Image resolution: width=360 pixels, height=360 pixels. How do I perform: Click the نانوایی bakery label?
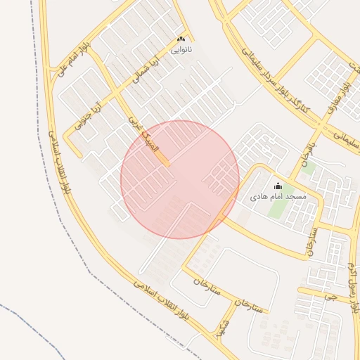pyautogui.click(x=181, y=50)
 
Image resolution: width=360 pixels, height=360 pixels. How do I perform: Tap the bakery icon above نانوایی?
pyautogui.click(x=181, y=39)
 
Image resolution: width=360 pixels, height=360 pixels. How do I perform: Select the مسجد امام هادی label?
pyautogui.click(x=278, y=197)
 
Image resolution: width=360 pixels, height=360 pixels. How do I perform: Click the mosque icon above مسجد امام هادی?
pyautogui.click(x=278, y=186)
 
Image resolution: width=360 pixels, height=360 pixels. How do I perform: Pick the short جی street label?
pyautogui.click(x=326, y=296)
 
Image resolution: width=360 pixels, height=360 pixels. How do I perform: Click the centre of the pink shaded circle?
pyautogui.click(x=180, y=179)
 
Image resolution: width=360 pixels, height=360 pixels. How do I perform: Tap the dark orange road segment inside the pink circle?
pyautogui.click(x=162, y=159)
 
